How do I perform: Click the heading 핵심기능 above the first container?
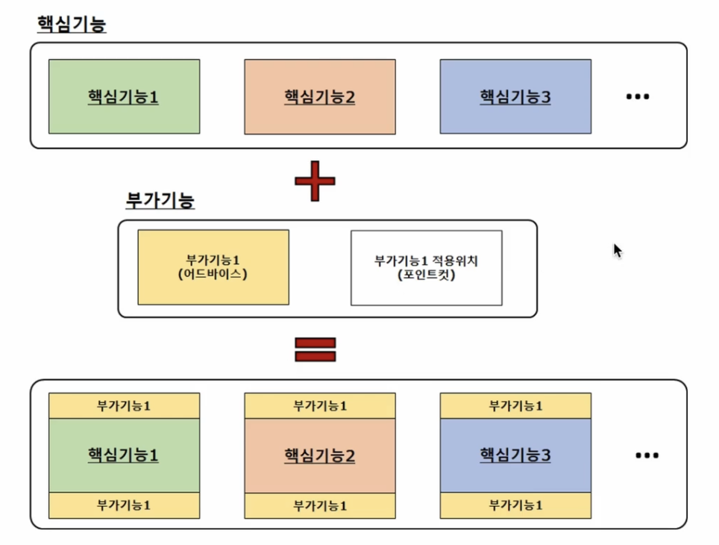72,24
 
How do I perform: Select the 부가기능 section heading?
160,200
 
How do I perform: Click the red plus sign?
315,181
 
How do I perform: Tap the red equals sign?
315,350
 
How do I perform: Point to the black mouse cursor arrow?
618,251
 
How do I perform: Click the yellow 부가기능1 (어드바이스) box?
213,267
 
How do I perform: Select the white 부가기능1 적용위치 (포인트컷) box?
427,268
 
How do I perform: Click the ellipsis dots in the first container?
638,96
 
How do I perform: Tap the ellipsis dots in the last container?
647,455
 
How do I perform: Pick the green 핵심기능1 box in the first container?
125,96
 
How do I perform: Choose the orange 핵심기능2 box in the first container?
320,97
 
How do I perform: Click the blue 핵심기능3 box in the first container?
515,96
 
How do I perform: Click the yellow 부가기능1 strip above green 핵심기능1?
125,405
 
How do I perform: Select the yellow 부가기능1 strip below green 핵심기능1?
125,505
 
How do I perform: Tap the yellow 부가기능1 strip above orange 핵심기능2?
320,405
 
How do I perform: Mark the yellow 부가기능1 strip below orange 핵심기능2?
320,506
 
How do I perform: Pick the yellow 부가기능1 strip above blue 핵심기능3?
515,405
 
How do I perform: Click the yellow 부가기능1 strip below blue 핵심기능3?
515,505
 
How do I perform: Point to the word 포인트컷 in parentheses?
427,275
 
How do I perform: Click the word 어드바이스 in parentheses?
213,274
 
